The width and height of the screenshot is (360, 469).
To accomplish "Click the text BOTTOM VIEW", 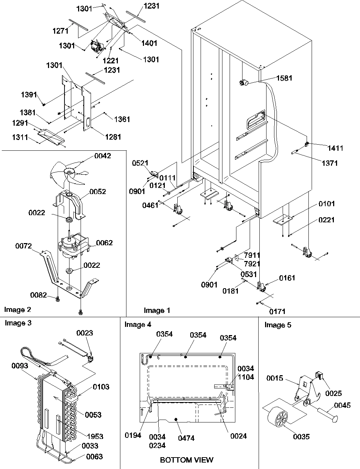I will click(186, 459).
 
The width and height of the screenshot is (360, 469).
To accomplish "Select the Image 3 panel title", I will click(18, 323).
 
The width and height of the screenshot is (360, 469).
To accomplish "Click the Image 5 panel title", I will click(278, 325).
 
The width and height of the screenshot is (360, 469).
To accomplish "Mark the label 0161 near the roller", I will click(287, 277).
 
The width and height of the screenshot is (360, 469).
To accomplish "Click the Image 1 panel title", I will click(157, 310).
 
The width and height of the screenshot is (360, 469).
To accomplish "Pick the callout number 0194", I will click(133, 435).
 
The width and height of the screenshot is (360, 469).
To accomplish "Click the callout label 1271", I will click(60, 31).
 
